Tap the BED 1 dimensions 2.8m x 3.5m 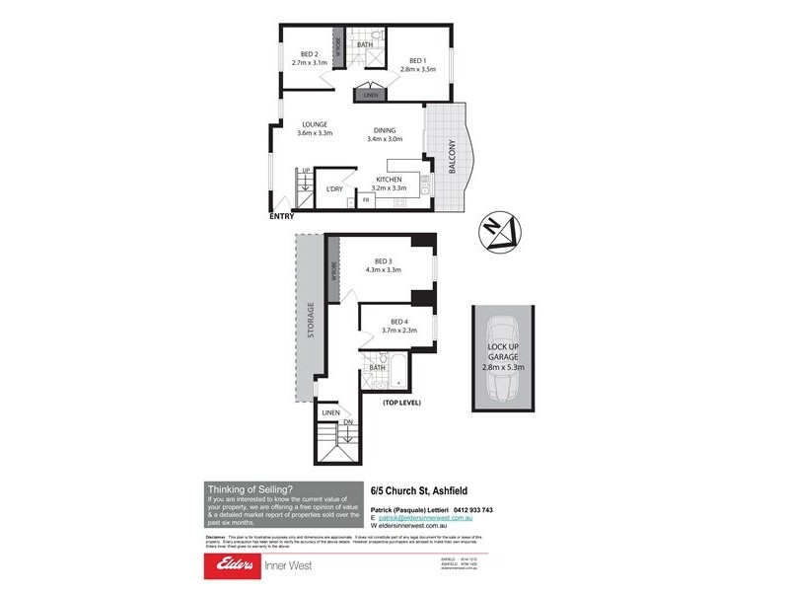point(417,70)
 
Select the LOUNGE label point(315,124)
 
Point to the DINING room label point(386,130)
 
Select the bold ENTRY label point(281,218)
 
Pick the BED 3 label point(383,260)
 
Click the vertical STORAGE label point(311,320)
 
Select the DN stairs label point(347,423)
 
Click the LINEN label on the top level point(330,411)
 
